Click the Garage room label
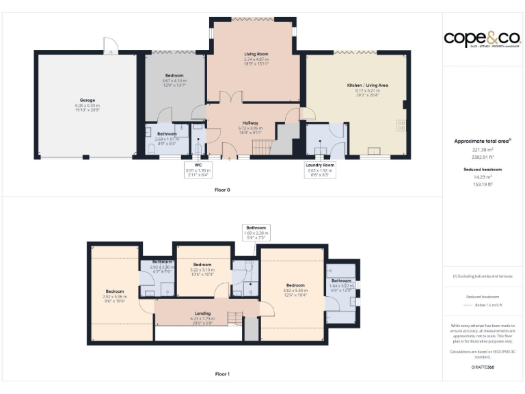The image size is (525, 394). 87,105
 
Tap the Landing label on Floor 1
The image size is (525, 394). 203,315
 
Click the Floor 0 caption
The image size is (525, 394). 222,189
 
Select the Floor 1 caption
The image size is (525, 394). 222,374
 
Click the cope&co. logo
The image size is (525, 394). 483,38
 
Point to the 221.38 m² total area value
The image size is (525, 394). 483,149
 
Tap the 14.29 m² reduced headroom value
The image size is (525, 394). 483,176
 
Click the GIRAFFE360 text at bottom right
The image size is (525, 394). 483,367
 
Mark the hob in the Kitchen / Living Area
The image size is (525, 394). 401,125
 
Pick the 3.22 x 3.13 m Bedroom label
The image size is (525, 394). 202,267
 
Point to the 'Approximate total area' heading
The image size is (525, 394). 483,141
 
